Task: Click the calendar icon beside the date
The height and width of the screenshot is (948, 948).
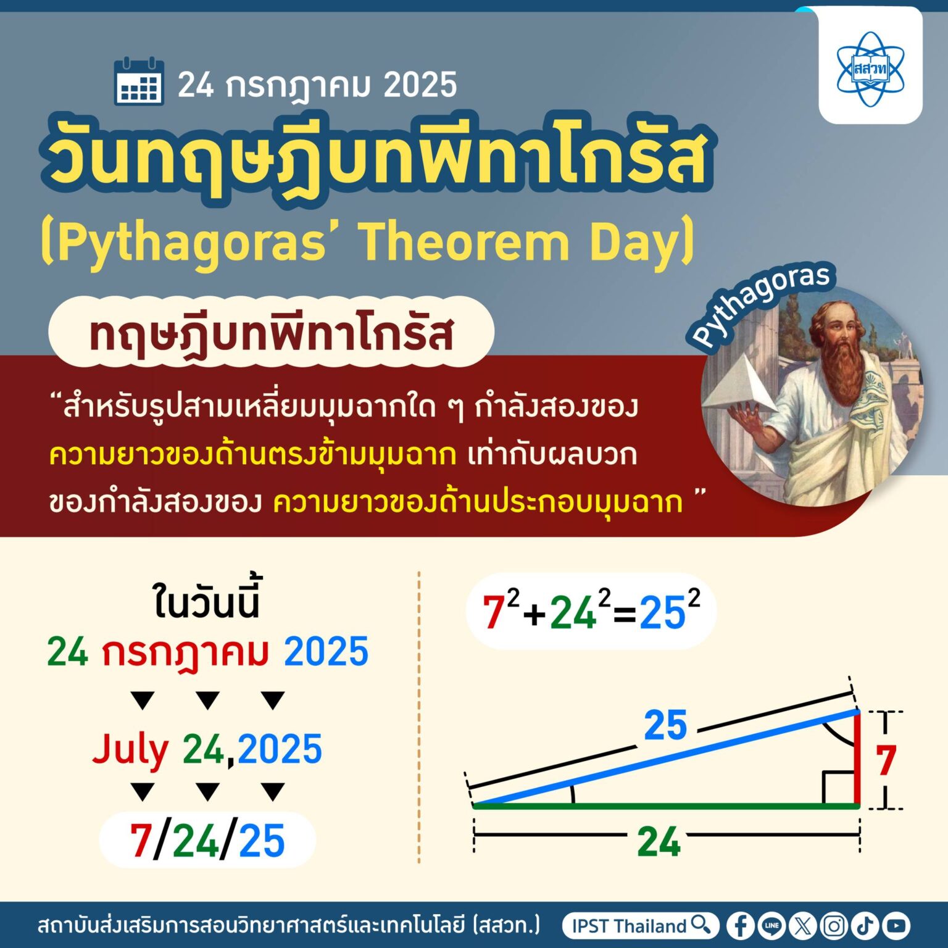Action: (139, 81)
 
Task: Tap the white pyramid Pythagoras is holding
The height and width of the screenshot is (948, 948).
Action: (741, 386)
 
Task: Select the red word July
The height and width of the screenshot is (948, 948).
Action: (130, 749)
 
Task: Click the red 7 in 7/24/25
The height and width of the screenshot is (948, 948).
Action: (141, 841)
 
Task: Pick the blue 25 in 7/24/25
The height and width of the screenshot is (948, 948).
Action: (262, 841)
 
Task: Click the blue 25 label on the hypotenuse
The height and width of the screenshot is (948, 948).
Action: (665, 725)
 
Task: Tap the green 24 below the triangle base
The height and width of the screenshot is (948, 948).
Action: (659, 841)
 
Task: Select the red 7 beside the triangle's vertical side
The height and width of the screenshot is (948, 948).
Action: (886, 760)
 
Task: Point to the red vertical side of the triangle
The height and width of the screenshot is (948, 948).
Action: (857, 759)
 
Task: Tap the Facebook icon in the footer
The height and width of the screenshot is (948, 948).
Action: (740, 926)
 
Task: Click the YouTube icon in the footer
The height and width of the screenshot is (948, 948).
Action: (896, 926)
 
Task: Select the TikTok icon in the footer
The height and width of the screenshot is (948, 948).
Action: (865, 926)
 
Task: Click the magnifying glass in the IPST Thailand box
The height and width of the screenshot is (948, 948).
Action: (701, 925)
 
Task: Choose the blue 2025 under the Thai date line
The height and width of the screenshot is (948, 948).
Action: (326, 652)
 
